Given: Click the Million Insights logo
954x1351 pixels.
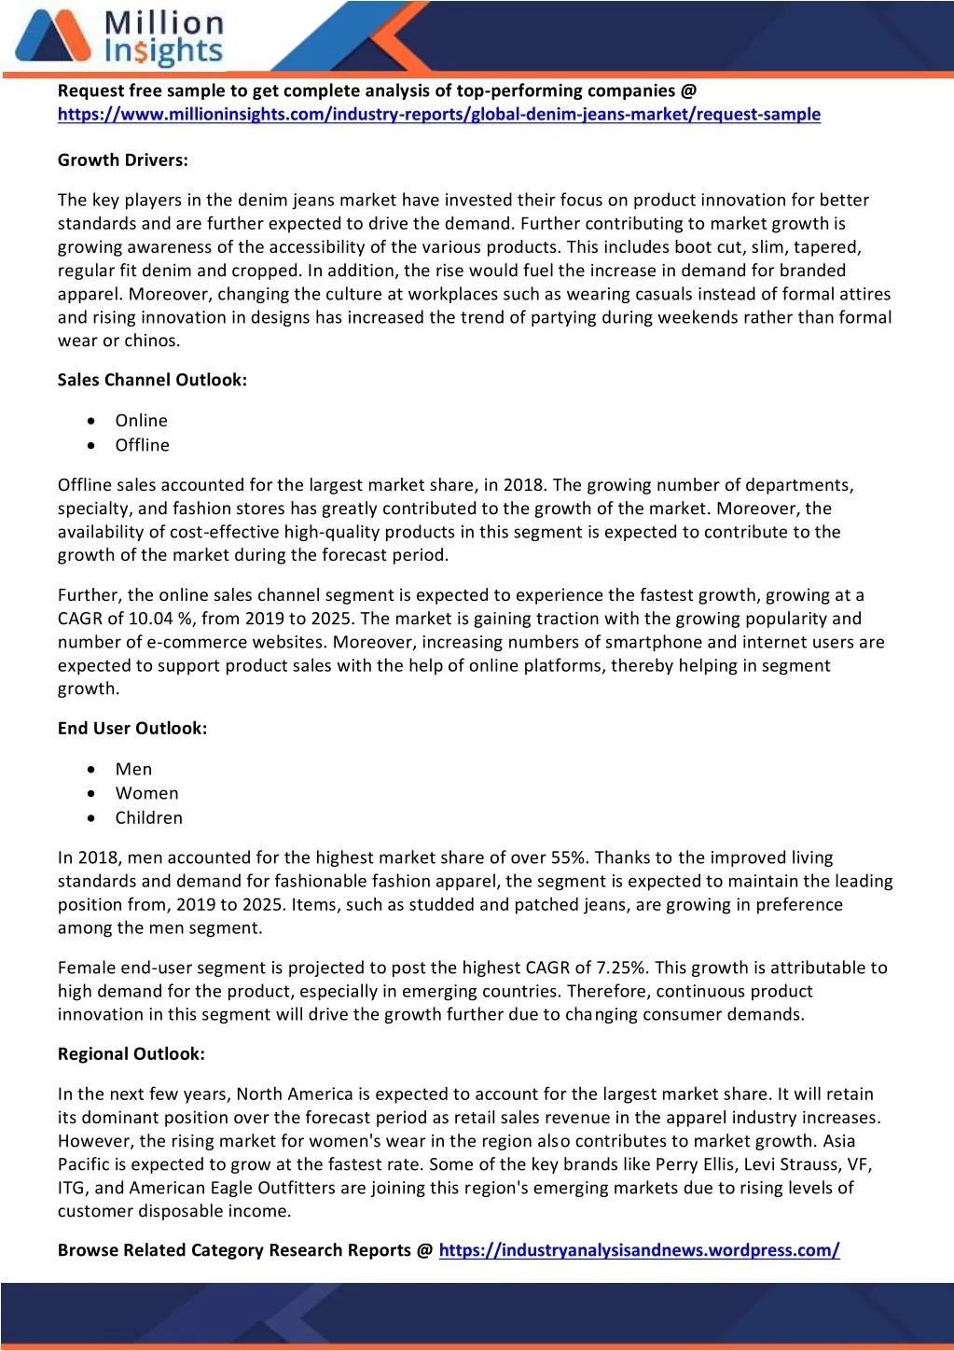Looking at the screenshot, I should click(x=119, y=37).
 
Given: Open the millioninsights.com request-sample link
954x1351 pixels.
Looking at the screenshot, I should click(x=438, y=115).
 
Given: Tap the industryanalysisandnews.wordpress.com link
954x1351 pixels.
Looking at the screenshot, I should click(x=639, y=1250).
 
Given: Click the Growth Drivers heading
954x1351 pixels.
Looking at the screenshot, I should click(x=123, y=160).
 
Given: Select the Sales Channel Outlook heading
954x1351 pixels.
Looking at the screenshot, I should click(x=152, y=380).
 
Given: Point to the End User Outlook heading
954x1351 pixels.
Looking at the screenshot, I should click(x=132, y=729).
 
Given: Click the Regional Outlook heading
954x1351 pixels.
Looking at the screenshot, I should click(x=131, y=1054).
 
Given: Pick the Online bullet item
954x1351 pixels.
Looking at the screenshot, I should click(x=142, y=421).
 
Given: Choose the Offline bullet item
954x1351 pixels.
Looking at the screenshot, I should click(x=143, y=446).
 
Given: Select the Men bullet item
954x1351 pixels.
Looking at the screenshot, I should click(x=133, y=770).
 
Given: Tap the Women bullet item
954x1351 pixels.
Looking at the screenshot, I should click(x=146, y=794).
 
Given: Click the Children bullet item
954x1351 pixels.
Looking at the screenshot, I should click(x=149, y=818).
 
